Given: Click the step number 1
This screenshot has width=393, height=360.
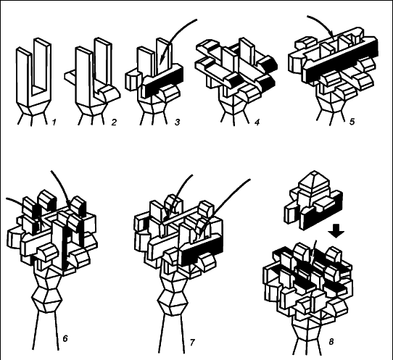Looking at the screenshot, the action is [54, 122].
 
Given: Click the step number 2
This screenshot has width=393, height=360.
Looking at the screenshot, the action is [114, 122].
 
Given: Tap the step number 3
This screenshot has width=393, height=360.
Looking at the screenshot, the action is [177, 122].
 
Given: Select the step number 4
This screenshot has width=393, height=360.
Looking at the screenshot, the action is [257, 122].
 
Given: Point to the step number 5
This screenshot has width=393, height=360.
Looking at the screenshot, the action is [352, 122].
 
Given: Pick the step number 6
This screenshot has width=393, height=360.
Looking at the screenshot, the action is [65, 338].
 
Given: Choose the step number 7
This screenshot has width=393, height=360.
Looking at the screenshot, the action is [192, 342].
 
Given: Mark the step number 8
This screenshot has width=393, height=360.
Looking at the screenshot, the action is [331, 341].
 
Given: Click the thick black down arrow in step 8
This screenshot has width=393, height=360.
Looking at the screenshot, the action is [336, 231].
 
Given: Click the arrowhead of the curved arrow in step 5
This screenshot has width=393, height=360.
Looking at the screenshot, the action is [332, 35].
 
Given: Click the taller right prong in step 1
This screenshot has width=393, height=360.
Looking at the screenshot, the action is [42, 65].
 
